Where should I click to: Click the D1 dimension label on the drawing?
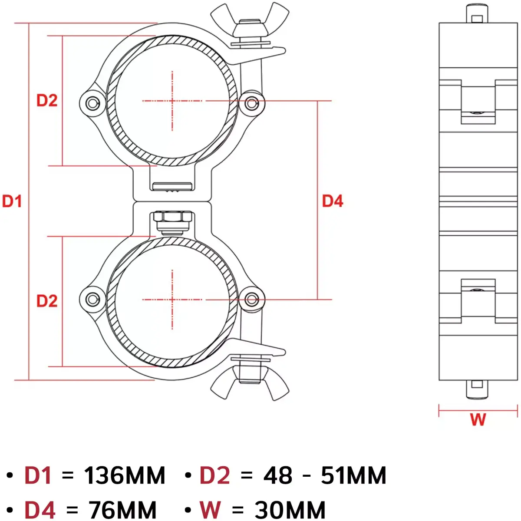click(12, 201)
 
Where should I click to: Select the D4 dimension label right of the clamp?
click(333, 201)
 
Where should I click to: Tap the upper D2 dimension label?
click(47, 100)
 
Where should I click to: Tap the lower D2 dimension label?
click(47, 301)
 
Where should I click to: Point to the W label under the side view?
click(478, 419)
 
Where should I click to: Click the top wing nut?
click(250, 24)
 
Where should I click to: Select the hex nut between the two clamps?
click(172, 217)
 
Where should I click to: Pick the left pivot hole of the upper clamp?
click(92, 103)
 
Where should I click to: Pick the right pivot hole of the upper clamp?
click(251, 103)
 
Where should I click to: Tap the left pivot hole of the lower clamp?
click(92, 299)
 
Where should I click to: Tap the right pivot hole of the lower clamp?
click(251, 299)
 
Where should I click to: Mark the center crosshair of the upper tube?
click(172, 101)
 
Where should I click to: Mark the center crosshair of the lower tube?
click(172, 299)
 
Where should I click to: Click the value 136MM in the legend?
click(125, 475)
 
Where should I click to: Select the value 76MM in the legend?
click(122, 510)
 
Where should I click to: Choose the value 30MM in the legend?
click(290, 510)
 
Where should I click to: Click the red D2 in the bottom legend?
click(214, 475)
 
